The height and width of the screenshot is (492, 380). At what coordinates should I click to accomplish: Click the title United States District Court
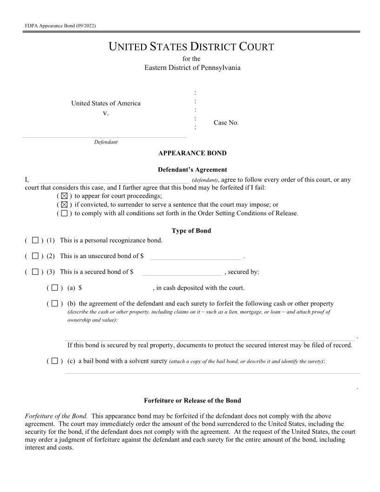[191, 47]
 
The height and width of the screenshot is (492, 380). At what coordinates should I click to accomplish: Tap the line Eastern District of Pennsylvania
[192, 68]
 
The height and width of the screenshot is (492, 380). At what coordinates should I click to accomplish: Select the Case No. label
[226, 123]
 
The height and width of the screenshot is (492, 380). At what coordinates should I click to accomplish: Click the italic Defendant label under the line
[106, 142]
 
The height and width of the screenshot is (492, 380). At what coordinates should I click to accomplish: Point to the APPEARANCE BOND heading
[192, 153]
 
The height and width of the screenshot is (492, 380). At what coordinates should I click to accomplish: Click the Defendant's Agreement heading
[192, 170]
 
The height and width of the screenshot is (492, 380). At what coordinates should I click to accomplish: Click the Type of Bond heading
[191, 231]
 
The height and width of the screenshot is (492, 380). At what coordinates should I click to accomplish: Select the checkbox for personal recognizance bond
[35, 240]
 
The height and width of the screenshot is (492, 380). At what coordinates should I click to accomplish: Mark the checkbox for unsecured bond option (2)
[35, 256]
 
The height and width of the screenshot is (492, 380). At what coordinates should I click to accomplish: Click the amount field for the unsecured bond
[195, 256]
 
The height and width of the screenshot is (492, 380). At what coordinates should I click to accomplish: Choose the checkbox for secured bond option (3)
[35, 272]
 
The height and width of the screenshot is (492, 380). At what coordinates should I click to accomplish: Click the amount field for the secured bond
[182, 272]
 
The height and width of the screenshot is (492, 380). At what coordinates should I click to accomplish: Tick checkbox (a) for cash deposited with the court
[54, 287]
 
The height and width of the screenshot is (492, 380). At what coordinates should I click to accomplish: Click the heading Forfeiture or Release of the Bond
[192, 401]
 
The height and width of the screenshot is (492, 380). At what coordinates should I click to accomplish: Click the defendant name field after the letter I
[112, 180]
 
